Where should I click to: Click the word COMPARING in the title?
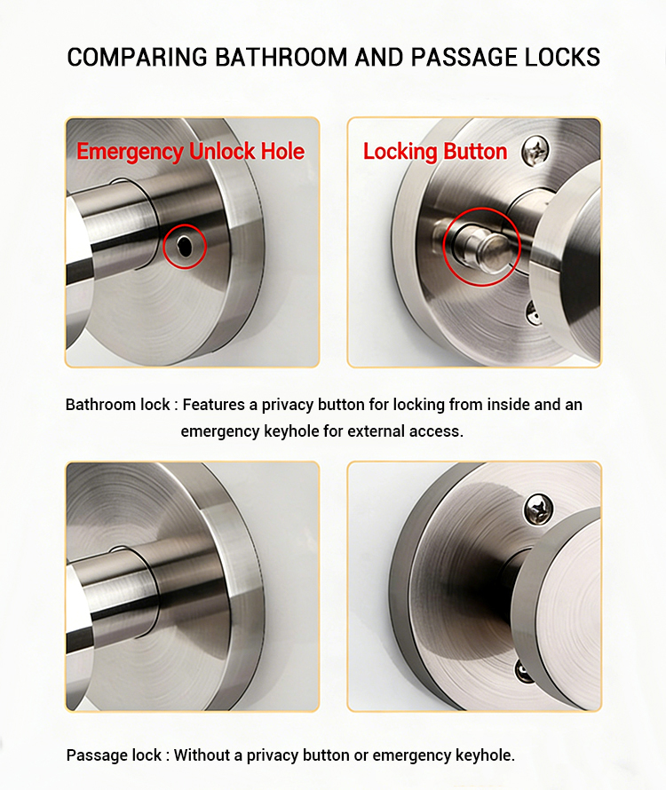click(x=137, y=57)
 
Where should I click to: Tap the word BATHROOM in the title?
click(x=281, y=57)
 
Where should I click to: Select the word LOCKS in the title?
click(x=562, y=57)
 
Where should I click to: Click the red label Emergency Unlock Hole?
click(x=190, y=152)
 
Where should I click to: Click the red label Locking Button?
click(x=435, y=152)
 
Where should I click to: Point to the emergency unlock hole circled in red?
click(x=185, y=246)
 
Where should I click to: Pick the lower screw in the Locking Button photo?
click(x=531, y=312)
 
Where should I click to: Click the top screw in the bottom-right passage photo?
click(x=538, y=509)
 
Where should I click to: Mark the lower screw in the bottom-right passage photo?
click(x=523, y=671)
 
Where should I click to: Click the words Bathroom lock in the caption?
click(x=117, y=405)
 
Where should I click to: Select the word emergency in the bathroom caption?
click(x=219, y=431)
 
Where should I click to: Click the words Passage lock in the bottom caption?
click(x=114, y=755)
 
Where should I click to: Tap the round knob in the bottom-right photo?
click(x=559, y=599)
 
